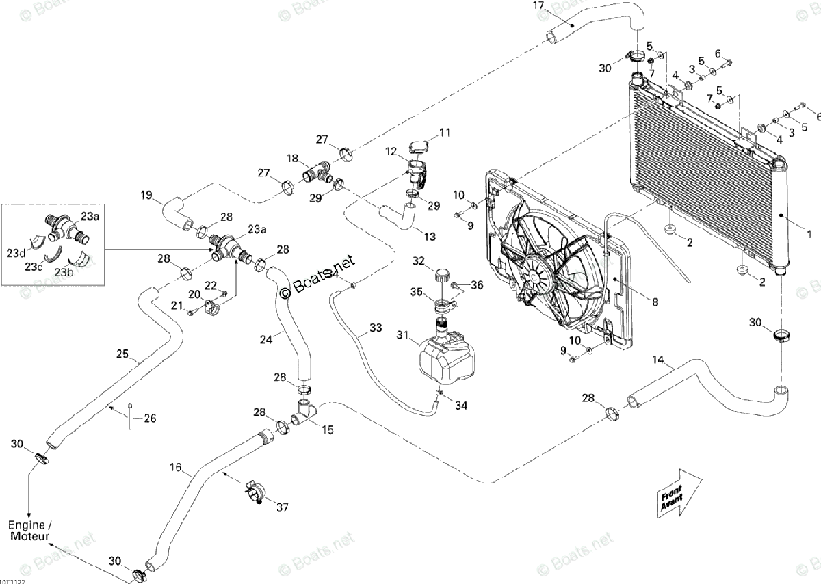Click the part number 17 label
538,6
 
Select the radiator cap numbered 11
418,146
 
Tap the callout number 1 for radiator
809,235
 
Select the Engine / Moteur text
30,531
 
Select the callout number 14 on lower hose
657,360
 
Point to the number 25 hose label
122,354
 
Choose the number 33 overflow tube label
376,328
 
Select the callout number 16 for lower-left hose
176,468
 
